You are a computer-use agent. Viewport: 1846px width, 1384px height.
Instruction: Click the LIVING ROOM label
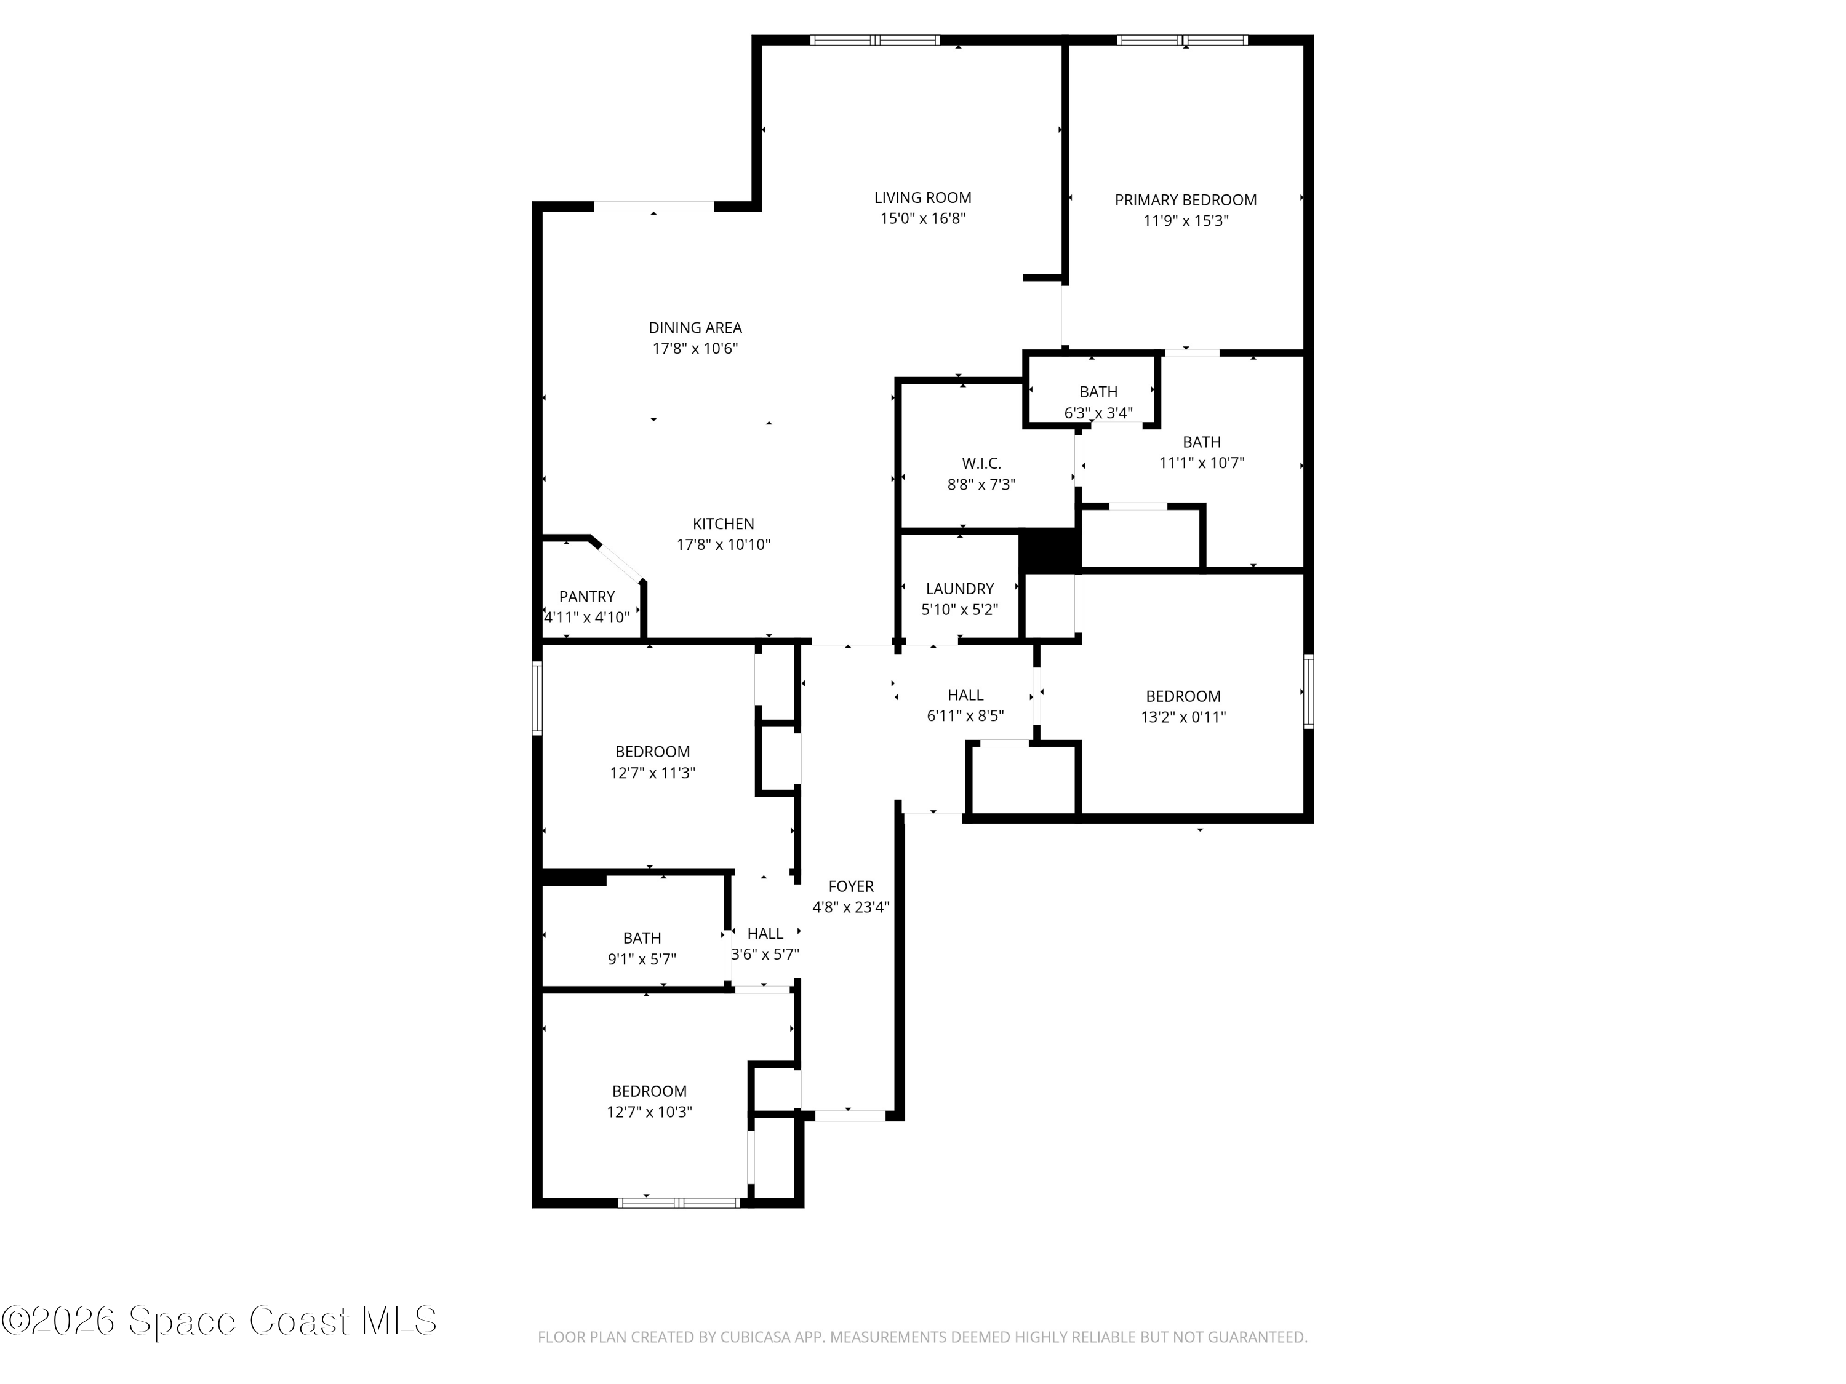[x=922, y=197]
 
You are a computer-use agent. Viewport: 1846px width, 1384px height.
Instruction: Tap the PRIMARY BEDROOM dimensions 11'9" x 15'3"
[x=1185, y=221]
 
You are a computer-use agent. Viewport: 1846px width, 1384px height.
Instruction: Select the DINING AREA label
[x=695, y=328]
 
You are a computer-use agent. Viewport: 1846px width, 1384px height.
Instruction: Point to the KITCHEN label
[x=723, y=524]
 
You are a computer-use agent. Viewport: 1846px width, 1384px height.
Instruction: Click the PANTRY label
[x=586, y=597]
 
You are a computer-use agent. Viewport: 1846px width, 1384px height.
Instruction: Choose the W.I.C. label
[x=981, y=463]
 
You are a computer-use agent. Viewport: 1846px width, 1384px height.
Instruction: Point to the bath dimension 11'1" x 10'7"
[x=1201, y=463]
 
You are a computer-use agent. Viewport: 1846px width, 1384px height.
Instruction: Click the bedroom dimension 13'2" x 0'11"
[x=1183, y=717]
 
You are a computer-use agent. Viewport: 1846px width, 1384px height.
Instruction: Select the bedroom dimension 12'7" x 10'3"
[x=649, y=1112]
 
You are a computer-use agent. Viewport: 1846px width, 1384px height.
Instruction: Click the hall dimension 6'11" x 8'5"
[x=965, y=716]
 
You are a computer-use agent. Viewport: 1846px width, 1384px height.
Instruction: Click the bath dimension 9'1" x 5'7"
[x=641, y=960]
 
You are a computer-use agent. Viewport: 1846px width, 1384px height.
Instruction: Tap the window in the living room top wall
[x=874, y=40]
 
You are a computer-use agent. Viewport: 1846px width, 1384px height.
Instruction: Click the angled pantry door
[x=618, y=562]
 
